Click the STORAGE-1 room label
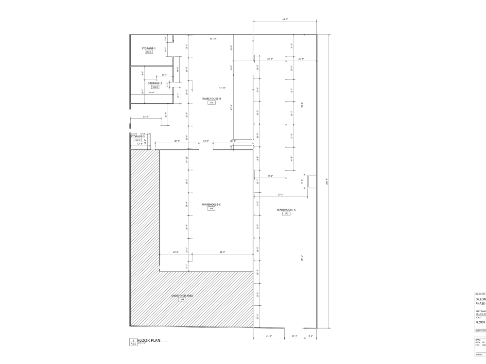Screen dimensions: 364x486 pos(149,48)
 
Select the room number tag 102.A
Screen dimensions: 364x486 pos(149,52)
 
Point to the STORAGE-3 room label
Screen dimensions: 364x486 pos(138,136)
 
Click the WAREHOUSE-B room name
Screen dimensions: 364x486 pos(211,99)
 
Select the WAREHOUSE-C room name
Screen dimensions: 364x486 pos(211,204)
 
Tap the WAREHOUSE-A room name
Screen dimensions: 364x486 pos(286,210)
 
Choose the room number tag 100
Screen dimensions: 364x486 pos(286,214)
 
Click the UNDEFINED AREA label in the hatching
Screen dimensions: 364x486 pos(182,296)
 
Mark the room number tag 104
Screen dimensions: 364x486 pos(182,299)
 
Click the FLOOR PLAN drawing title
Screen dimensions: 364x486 pos(149,340)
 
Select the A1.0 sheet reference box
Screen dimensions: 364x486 pos(133,344)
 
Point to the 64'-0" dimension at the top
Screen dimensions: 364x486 pos(285,19)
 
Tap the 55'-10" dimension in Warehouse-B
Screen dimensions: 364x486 pos(213,38)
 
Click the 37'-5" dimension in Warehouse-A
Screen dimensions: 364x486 pos(280,195)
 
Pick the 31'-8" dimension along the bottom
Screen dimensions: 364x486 pos(269,336)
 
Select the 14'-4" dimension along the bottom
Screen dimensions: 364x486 pos(294,336)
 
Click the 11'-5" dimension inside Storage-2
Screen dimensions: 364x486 pos(165,75)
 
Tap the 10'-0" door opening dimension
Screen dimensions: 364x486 pos(206,141)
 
